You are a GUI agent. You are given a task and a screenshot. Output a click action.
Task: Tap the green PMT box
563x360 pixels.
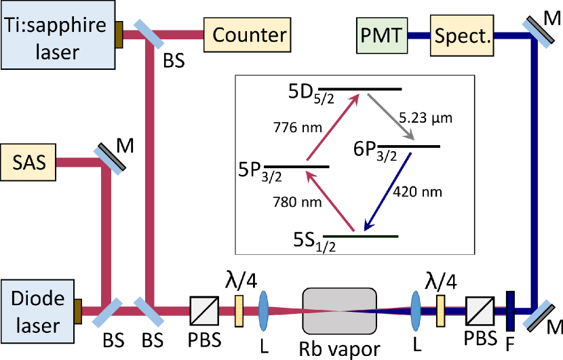[x=382, y=35]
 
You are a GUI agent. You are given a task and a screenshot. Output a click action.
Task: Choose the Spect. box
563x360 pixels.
[x=463, y=35]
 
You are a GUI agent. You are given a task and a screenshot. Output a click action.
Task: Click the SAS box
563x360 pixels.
[x=28, y=162]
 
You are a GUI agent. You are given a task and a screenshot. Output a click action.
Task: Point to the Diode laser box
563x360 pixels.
[x=37, y=312]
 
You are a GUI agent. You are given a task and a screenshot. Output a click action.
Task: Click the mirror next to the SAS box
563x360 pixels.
[x=108, y=157]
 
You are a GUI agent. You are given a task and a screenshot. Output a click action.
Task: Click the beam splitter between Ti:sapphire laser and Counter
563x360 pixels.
[x=148, y=34]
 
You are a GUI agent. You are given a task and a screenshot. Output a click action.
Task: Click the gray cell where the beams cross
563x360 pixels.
[x=339, y=311]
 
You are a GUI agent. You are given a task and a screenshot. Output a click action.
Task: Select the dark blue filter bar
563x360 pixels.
[x=510, y=311]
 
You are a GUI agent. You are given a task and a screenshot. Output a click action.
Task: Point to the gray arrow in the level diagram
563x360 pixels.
[x=390, y=117]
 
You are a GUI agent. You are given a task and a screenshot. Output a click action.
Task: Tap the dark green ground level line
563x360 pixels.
[x=360, y=237]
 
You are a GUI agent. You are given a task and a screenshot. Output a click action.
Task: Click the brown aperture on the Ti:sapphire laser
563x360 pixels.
[x=119, y=35]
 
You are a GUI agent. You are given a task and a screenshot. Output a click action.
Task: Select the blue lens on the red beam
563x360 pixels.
[x=264, y=311]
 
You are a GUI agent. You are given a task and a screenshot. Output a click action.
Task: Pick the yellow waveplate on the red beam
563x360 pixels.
[x=239, y=311]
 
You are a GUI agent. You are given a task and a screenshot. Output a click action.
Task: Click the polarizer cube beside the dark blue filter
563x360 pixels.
[x=480, y=311]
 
